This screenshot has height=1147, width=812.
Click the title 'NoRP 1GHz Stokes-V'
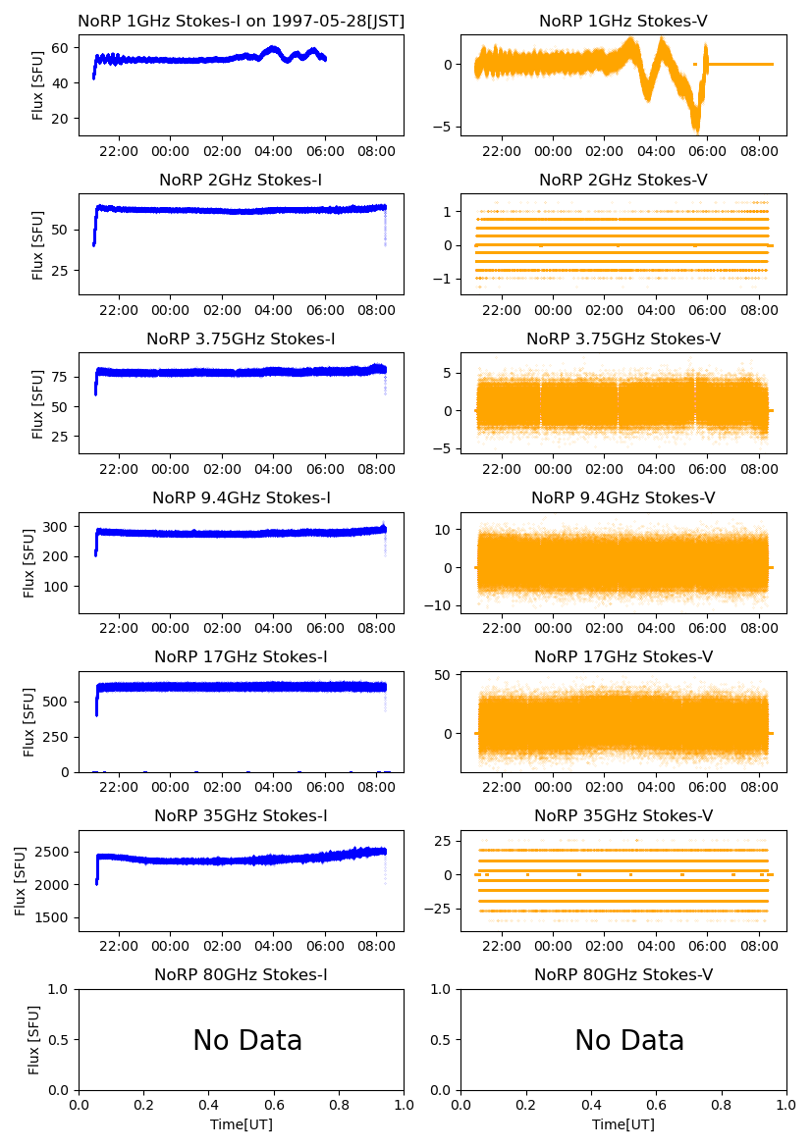click(x=623, y=21)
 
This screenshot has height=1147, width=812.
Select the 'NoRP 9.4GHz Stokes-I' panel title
click(x=241, y=497)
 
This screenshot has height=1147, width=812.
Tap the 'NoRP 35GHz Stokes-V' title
click(x=623, y=815)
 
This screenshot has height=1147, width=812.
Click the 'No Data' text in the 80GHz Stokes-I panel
click(x=247, y=1040)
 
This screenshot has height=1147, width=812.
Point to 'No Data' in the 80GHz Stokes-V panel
click(x=629, y=1040)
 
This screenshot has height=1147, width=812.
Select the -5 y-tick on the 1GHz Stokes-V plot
click(x=445, y=127)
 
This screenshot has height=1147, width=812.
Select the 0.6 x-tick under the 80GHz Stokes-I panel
click(x=274, y=1105)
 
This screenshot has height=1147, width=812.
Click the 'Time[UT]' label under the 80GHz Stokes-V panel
click(x=623, y=1124)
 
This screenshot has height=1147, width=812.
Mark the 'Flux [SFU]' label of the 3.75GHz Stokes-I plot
click(x=38, y=402)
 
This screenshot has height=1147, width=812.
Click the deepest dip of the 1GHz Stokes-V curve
click(x=696, y=130)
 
